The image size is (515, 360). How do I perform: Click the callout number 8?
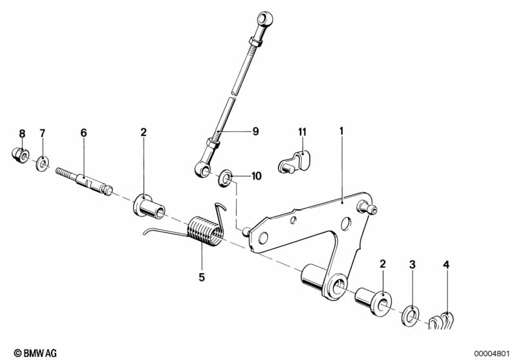tap(22, 133)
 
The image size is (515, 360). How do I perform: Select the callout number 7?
tap(43, 133)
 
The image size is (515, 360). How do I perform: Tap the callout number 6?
tap(83, 133)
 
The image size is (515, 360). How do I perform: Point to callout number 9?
tap(255, 131)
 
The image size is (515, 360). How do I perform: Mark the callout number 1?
tap(342, 131)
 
